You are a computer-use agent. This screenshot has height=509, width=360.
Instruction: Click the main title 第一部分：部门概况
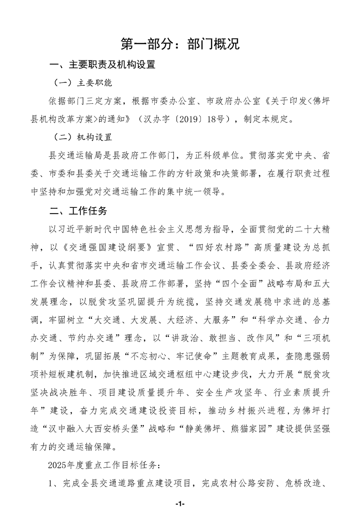[x=180, y=44]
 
